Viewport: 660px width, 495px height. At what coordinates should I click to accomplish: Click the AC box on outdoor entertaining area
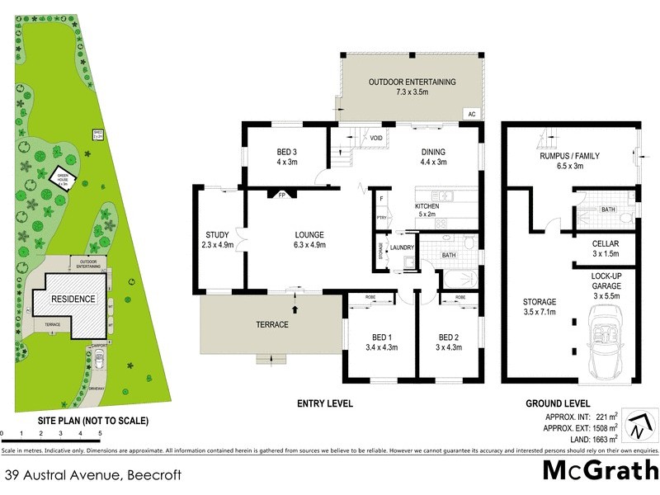coord(472,114)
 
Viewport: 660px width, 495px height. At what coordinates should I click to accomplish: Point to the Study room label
coord(217,238)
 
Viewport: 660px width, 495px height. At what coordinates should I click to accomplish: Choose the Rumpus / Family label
coord(569,161)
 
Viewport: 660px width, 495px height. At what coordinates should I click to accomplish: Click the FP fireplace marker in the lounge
coord(281,196)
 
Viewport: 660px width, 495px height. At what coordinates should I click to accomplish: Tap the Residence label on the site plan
coord(74,299)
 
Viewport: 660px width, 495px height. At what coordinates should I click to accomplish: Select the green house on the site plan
coord(64,177)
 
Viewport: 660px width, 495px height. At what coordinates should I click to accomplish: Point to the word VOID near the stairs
coord(376,138)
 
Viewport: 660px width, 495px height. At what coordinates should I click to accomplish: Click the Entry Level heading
coord(324,403)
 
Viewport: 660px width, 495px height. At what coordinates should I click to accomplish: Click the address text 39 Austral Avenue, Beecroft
coord(92,475)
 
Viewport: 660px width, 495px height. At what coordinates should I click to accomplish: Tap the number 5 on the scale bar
coord(100,432)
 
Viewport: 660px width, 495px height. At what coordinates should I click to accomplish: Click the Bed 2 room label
coord(449,342)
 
